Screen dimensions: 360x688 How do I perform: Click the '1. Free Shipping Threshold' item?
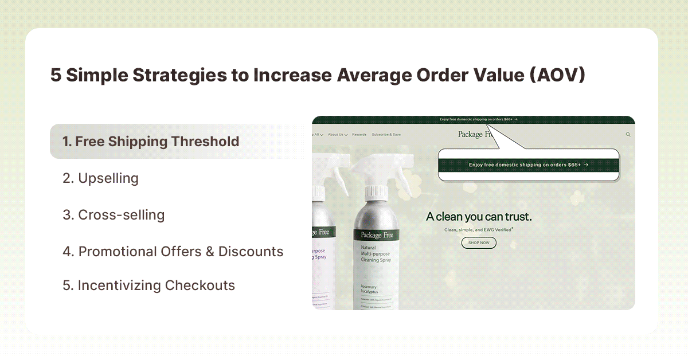point(151,141)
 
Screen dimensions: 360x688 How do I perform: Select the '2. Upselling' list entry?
point(100,178)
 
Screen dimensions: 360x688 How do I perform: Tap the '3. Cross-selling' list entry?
point(114,215)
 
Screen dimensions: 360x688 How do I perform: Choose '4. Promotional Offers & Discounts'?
point(173,251)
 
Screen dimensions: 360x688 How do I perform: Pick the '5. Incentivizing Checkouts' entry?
point(149,285)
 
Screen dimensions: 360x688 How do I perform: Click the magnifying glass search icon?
point(628,135)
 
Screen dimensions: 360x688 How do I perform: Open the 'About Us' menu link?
point(337,135)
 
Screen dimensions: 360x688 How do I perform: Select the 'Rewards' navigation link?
point(359,135)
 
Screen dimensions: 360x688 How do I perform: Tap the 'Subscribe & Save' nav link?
point(386,135)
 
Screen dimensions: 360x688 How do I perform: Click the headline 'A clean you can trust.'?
point(479,217)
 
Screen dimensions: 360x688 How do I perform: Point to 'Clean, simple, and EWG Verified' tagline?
point(478,229)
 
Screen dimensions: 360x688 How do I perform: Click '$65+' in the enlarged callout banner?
point(574,165)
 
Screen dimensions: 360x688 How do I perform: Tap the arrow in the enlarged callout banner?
point(586,165)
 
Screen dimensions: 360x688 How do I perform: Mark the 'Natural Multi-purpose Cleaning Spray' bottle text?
point(376,254)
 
